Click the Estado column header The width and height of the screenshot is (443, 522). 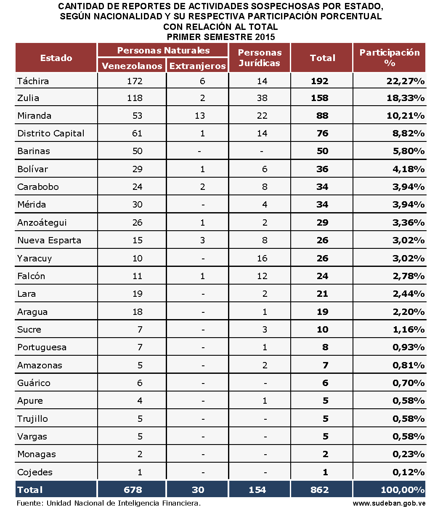pyautogui.click(x=56, y=58)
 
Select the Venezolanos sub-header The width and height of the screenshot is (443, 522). pyautogui.click(x=132, y=66)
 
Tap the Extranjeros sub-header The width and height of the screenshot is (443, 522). pyautogui.click(x=197, y=66)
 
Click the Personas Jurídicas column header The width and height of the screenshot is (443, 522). pyautogui.click(x=260, y=58)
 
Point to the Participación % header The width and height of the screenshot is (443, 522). pyautogui.click(x=389, y=58)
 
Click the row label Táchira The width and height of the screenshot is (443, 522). pyautogui.click(x=33, y=81)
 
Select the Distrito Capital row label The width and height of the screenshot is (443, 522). pyautogui.click(x=51, y=133)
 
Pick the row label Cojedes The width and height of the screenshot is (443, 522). pyautogui.click(x=35, y=472)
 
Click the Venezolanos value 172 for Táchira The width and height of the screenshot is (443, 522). pyautogui.click(x=135, y=81)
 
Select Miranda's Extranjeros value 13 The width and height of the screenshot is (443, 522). pyautogui.click(x=200, y=116)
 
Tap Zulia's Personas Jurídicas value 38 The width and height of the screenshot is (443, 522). pyautogui.click(x=262, y=98)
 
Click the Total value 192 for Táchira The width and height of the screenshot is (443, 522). pyautogui.click(x=320, y=81)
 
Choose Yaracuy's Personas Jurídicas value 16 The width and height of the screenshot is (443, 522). pyautogui.click(x=262, y=258)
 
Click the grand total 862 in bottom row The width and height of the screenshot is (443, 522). pyautogui.click(x=320, y=490)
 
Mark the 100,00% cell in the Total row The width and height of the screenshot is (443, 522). pyautogui.click(x=402, y=490)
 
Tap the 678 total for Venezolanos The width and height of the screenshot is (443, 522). pyautogui.click(x=133, y=490)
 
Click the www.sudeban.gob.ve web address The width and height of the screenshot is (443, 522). pyautogui.click(x=389, y=503)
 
